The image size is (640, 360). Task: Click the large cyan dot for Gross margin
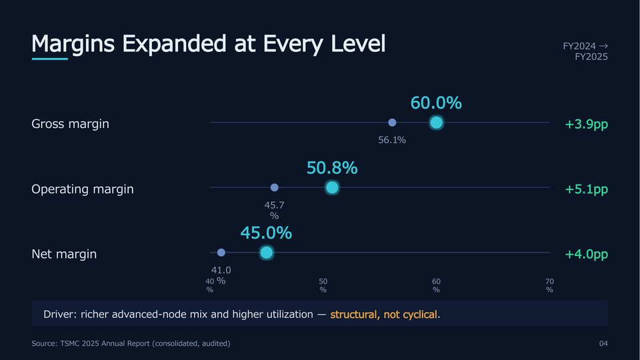[436, 123]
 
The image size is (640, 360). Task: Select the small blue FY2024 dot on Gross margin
[392, 123]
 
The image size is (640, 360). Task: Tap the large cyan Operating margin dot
[332, 187]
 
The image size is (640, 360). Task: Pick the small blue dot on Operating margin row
[274, 187]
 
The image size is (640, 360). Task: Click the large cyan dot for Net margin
[267, 253]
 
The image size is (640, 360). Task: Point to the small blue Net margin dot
[221, 253]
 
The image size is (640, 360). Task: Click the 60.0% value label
[436, 103]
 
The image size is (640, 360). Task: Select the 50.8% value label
[332, 168]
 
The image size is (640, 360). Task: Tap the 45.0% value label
[267, 233]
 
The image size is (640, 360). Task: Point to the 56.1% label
[392, 140]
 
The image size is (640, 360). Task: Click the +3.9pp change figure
[587, 124]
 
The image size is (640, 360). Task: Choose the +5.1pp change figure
[587, 189]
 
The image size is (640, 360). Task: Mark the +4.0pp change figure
[587, 254]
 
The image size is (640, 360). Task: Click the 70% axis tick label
[550, 285]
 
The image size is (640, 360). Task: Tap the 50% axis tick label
[323, 285]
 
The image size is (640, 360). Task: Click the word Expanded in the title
[174, 44]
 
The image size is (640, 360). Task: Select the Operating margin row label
[83, 189]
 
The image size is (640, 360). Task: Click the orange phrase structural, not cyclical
[384, 314]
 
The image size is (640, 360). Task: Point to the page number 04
[603, 344]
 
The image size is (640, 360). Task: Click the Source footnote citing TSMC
[131, 344]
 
